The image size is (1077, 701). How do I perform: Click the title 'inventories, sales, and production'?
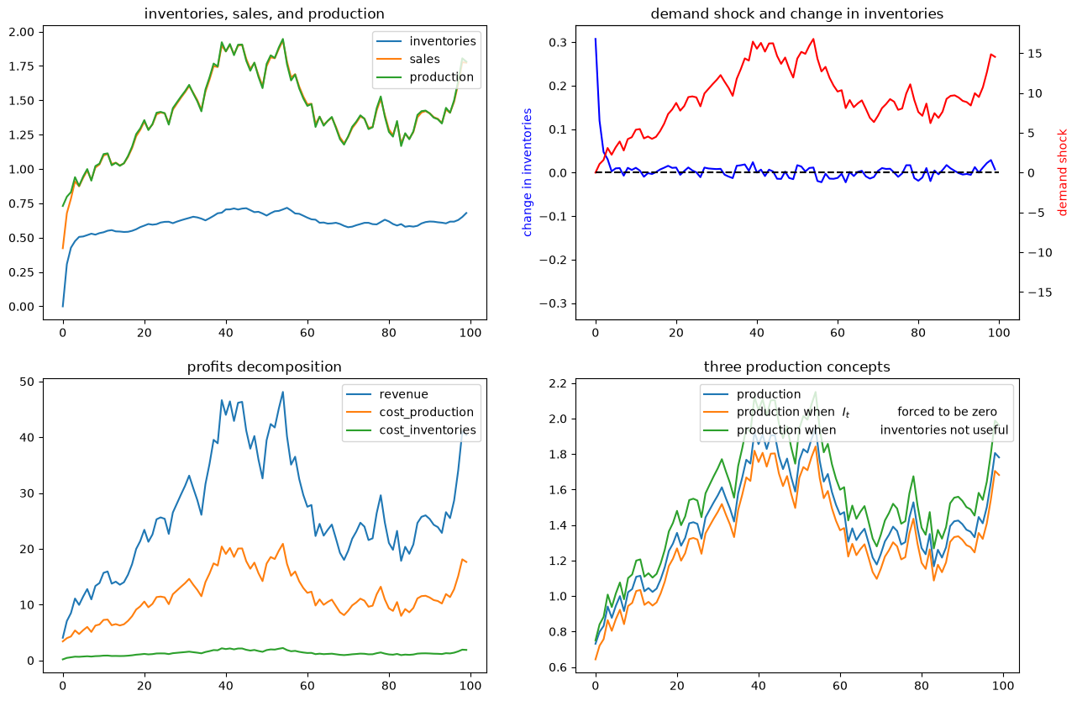click(264, 13)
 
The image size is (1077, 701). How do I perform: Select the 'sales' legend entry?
click(424, 59)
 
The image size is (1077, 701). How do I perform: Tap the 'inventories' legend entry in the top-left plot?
click(443, 41)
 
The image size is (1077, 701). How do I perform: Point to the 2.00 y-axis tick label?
click(22, 32)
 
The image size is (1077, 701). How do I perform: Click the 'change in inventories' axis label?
click(527, 172)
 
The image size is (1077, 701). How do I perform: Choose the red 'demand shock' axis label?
click(1062, 172)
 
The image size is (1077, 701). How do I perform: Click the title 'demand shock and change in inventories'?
click(796, 13)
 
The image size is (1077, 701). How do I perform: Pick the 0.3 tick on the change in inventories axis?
click(558, 42)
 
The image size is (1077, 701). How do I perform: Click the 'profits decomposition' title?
click(264, 366)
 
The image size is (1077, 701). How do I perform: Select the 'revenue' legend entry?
click(403, 394)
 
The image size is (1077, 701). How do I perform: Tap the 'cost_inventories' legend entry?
click(428, 430)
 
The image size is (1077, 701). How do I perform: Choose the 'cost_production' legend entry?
click(426, 412)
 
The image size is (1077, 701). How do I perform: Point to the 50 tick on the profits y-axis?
click(27, 382)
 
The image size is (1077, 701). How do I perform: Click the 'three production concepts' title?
click(796, 366)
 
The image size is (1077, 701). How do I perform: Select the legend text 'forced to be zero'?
click(947, 412)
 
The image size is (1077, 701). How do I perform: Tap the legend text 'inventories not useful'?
click(943, 430)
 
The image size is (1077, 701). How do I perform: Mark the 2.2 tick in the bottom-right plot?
click(558, 383)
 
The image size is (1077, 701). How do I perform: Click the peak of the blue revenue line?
click(283, 392)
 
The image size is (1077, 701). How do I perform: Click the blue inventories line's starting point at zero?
click(62, 306)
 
